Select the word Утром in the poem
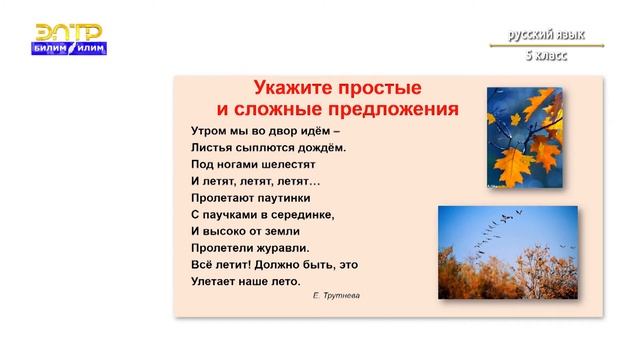click(x=209, y=130)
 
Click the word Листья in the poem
click(x=211, y=148)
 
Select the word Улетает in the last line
click(x=215, y=282)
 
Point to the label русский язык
click(x=545, y=35)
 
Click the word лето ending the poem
click(x=284, y=282)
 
